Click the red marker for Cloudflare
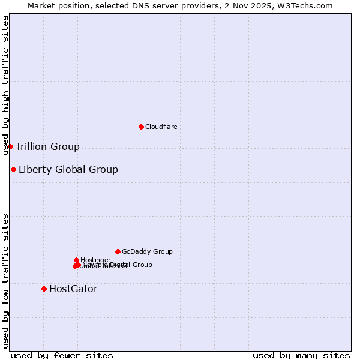141,127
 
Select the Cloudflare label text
161,127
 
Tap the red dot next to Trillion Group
10,146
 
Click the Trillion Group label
47,147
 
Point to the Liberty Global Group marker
13,169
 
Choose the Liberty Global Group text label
68,169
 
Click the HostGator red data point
44,289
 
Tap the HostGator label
73,289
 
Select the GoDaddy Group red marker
118,251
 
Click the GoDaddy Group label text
147,251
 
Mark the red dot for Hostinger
76,260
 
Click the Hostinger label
96,260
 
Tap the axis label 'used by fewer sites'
62,356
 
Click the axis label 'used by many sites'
301,356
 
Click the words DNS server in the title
149,5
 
